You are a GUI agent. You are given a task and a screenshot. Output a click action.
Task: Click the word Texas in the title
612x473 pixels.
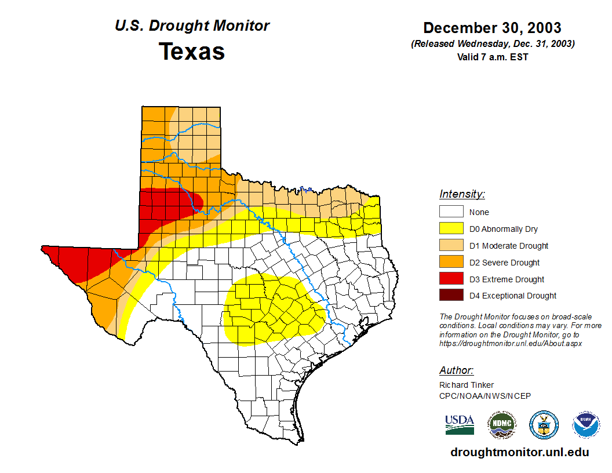(192, 51)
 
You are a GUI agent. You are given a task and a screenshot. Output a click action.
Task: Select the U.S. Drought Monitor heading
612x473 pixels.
(192, 26)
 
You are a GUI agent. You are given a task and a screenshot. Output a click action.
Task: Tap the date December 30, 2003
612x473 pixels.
(492, 28)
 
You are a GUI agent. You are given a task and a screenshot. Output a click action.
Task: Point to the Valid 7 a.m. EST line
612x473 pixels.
(492, 57)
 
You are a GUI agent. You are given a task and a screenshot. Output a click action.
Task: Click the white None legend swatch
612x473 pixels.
(451, 212)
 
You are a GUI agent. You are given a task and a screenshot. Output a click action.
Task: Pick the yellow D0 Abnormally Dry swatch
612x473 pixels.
(451, 229)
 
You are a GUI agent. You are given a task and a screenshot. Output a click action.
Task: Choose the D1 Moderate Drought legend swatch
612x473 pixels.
(451, 246)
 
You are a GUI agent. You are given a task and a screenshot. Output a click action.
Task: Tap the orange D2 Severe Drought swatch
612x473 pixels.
(451, 263)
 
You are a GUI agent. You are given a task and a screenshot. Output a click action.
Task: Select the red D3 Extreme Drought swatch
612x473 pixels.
(451, 279)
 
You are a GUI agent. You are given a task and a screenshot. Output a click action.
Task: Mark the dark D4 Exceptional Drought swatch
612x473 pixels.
(451, 296)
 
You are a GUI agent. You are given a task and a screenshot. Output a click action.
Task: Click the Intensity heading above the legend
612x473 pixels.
(462, 194)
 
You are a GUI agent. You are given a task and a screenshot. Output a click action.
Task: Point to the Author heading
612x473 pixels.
(456, 370)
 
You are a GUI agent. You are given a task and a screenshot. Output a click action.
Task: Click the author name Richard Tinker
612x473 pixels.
(467, 385)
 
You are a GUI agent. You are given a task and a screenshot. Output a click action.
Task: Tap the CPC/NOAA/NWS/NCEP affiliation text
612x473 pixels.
(485, 396)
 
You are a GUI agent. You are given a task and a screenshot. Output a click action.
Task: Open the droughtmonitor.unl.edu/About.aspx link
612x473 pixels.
(510, 343)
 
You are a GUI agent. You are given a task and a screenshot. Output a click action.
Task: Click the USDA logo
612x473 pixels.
(460, 424)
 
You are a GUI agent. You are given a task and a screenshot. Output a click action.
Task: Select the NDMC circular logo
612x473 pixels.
(501, 424)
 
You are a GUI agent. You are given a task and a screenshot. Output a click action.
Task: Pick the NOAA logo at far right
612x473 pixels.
(586, 424)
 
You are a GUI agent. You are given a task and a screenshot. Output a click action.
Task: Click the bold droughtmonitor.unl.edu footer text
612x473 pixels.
(519, 453)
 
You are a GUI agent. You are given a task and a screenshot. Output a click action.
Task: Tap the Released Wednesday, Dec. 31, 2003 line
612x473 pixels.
(492, 44)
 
